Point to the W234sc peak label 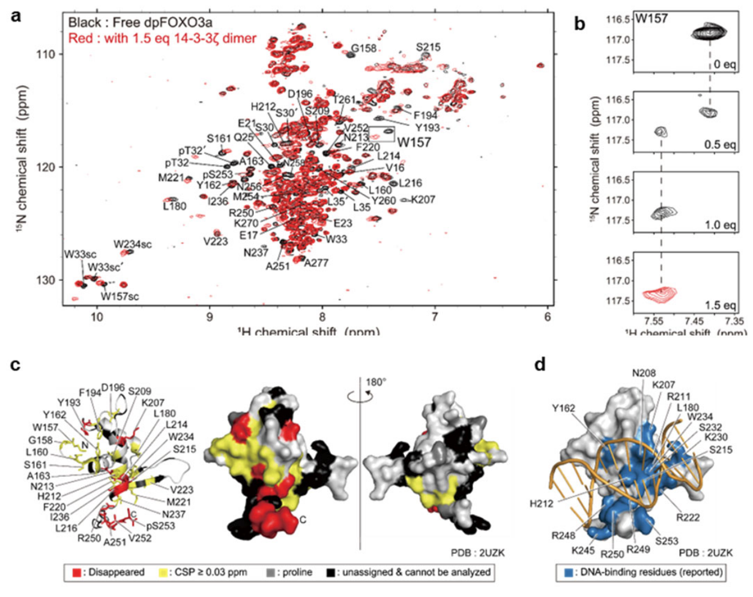(133, 244)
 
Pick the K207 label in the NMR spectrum (423, 199)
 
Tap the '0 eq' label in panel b (725, 64)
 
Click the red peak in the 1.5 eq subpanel (660, 294)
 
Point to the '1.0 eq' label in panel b (721, 225)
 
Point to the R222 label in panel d (687, 517)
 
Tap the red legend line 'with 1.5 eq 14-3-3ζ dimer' (162, 39)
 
